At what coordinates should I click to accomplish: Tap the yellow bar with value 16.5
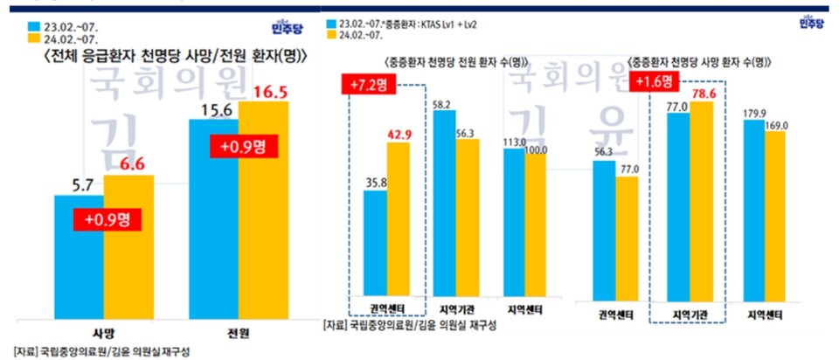263,210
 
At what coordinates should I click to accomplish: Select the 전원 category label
239,334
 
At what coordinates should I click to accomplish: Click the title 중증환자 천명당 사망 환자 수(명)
699,63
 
